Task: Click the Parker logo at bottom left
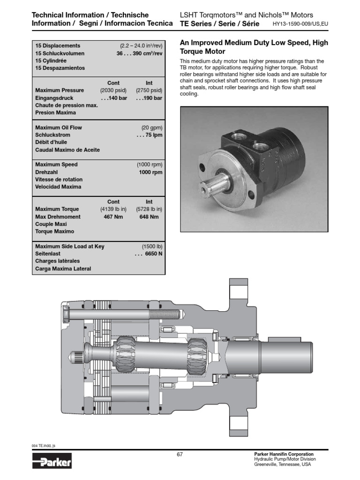(52, 463)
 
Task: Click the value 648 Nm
(149, 217)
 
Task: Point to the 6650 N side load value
(148, 254)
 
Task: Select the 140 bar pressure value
(112, 98)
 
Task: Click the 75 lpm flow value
(150, 135)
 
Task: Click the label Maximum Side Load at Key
(70, 246)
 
